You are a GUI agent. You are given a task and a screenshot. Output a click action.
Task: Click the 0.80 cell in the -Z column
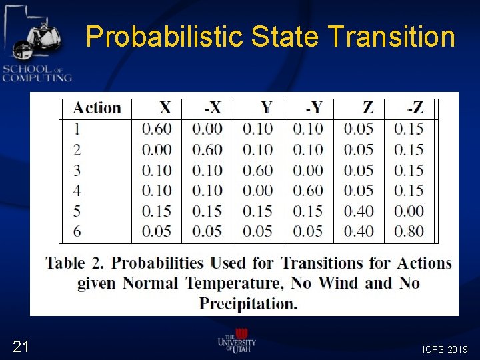coord(409,231)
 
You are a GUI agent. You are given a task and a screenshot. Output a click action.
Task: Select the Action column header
coord(97,108)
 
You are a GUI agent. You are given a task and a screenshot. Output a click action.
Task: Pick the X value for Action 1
coord(157,129)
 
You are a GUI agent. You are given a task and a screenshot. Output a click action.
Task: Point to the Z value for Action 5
coord(359,211)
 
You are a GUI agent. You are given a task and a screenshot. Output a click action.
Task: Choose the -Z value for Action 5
coord(409,211)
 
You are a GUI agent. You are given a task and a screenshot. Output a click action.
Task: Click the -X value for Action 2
coord(207,149)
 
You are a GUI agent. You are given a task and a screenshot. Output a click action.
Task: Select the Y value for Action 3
coord(257,170)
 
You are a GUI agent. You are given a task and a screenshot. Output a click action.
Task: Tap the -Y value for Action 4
coord(308,191)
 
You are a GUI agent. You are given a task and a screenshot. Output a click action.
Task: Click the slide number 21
coord(21,346)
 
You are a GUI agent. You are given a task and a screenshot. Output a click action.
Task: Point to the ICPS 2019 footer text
coord(445,349)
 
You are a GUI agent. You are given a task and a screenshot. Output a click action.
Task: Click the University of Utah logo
coord(237,341)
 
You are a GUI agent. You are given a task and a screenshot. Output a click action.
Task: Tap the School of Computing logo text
coord(37,73)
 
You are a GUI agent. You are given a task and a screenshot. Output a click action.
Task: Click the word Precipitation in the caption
coord(248,304)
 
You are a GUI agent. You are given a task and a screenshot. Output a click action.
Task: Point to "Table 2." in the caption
coord(73,263)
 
